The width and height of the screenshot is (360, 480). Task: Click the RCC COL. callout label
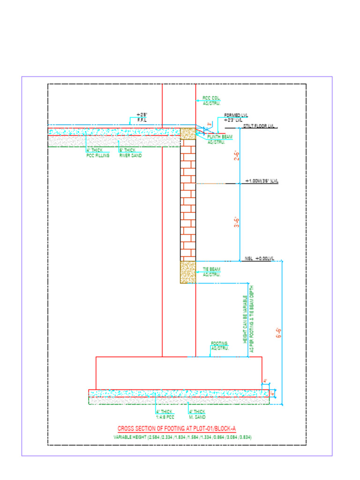pos(211,100)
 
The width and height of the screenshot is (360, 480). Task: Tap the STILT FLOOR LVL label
pos(260,127)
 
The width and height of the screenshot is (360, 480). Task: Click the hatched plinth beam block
pos(188,133)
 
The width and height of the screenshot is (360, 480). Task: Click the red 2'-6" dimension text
pos(237,156)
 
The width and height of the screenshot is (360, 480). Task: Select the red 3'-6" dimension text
pos(237,222)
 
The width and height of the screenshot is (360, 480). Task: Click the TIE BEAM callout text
pos(211,272)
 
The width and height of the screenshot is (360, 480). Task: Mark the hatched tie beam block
pos(188,272)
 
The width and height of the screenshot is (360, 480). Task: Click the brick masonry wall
pos(188,199)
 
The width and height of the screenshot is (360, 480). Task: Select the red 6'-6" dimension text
pos(278,333)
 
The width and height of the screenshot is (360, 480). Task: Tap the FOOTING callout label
pos(220,346)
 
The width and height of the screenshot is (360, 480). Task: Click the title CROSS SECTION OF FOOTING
pos(177,428)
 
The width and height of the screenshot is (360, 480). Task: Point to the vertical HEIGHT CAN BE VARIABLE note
pos(248,319)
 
